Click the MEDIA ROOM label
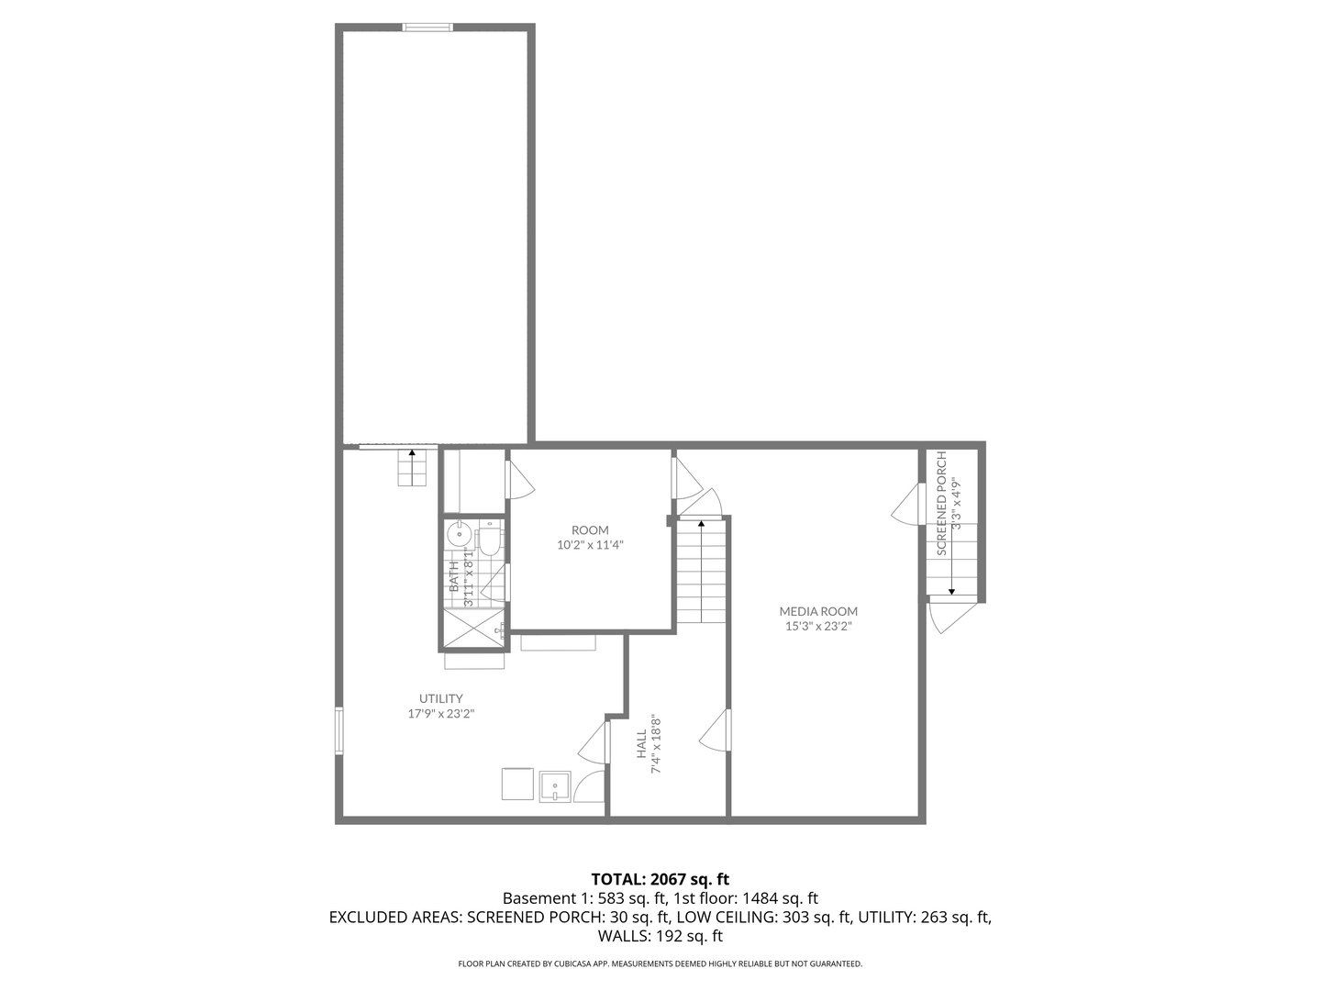coord(818,611)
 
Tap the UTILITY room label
coord(440,698)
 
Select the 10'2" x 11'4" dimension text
coord(590,544)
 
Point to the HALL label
coord(641,744)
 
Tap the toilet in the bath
coord(490,540)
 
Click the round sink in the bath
coord(459,533)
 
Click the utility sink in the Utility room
coord(556,785)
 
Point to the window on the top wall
coord(428,28)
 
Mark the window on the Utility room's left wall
coord(339,729)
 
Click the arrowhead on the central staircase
coord(702,524)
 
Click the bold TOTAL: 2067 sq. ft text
coord(660,879)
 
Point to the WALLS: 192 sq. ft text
coord(660,936)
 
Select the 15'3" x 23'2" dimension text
coord(818,627)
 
